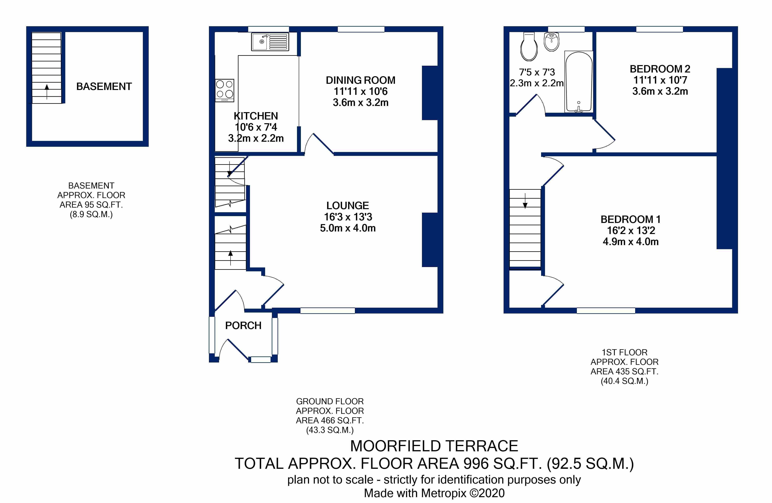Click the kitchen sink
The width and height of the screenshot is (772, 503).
coord(270,42)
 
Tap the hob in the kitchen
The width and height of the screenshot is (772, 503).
coord(224,91)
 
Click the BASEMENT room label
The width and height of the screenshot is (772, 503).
coord(104,87)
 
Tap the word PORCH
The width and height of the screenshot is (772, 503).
coord(243,325)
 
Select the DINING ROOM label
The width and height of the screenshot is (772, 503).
coord(360,80)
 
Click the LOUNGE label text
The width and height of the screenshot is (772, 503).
coord(347,206)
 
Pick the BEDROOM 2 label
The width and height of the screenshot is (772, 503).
coord(660,69)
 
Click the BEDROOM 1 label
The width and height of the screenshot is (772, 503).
coord(631,220)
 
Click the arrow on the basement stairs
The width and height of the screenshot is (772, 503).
coord(47,92)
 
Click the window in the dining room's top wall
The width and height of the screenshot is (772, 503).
coord(361,29)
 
